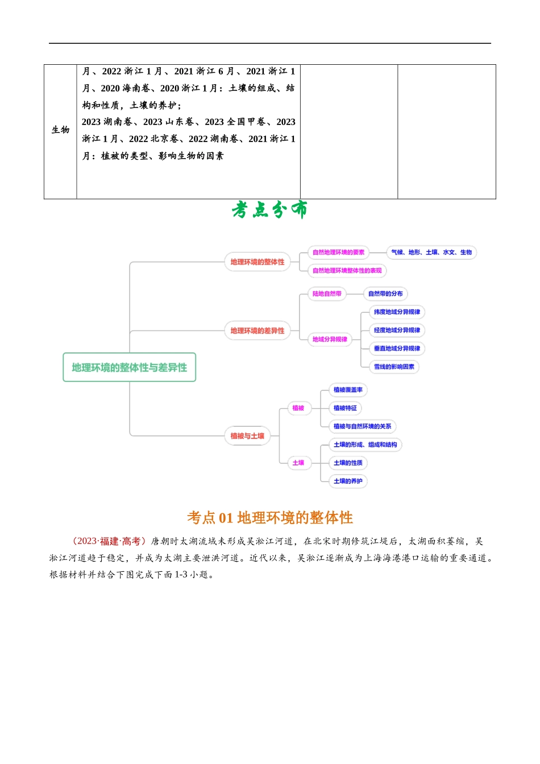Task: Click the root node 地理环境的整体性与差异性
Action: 129,367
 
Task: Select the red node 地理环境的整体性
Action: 257,262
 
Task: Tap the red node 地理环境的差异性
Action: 257,330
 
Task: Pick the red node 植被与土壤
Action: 247,436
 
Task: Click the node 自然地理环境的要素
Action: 338,252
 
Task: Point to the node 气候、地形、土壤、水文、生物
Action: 431,252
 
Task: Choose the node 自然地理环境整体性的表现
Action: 347,271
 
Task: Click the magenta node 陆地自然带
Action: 327,294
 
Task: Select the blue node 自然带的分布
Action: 385,294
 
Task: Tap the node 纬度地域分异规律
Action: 397,312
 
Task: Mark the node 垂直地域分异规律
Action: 397,348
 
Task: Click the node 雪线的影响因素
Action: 394,367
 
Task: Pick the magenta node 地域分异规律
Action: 330,339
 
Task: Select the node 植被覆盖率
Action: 348,390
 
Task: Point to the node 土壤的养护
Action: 348,481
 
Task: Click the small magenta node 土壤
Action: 298,463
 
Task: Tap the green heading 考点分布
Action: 269,209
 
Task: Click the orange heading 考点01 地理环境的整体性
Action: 270,517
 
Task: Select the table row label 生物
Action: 60,130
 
